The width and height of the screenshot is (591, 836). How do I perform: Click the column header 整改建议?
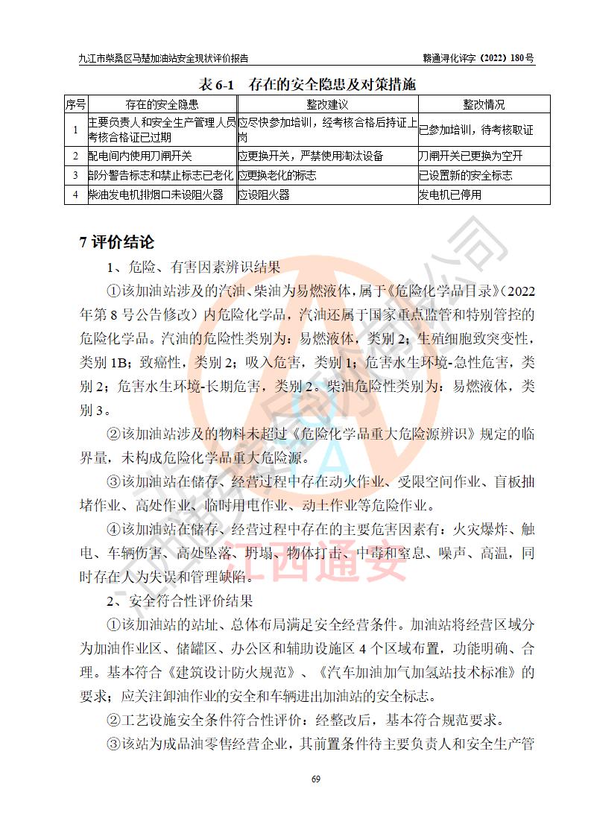pos(327,105)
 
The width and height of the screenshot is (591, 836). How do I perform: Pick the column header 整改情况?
pos(484,105)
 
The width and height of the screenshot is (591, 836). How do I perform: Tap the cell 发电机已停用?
pos(450,195)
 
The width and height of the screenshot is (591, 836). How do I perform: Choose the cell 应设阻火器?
pos(264,195)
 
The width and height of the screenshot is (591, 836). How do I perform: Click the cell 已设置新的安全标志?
pos(466,176)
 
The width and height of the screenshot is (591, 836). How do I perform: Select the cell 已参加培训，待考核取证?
pos(476,130)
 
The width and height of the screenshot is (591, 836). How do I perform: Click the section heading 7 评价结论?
pos(117,242)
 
